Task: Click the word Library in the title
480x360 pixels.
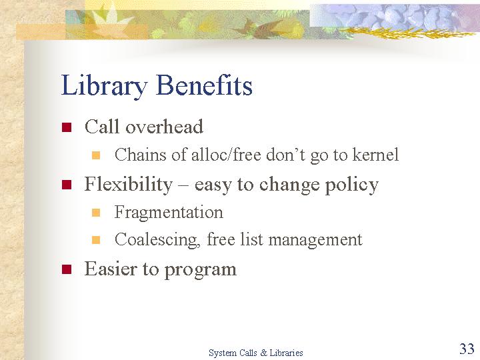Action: click(x=104, y=87)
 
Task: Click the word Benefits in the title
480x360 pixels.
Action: click(x=204, y=85)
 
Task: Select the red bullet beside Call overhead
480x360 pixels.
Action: click(x=67, y=127)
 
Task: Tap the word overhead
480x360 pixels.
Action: click(x=165, y=126)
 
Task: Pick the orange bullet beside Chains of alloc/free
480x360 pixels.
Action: click(x=96, y=155)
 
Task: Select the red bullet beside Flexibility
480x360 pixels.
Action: click(x=67, y=185)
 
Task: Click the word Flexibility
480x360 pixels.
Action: click(x=129, y=185)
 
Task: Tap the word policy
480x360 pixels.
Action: click(x=352, y=185)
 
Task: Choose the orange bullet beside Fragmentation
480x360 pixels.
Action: click(x=96, y=213)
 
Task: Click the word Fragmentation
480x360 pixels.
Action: click(x=169, y=213)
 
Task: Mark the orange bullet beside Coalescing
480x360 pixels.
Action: click(x=96, y=240)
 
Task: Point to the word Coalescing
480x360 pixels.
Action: click(x=157, y=240)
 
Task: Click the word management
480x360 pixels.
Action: click(x=315, y=241)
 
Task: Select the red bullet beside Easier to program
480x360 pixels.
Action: click(x=67, y=269)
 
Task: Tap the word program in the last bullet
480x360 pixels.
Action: click(x=201, y=271)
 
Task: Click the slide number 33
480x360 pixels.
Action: click(x=467, y=349)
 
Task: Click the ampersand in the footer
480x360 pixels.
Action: click(x=263, y=353)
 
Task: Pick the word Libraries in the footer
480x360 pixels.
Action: click(x=286, y=353)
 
